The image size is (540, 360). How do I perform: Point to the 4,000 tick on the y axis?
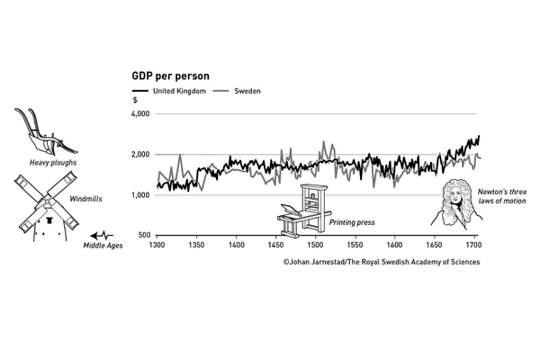tap(140, 114)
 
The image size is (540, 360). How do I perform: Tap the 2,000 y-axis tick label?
tap(140, 155)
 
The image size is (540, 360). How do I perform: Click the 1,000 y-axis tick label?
tap(140, 195)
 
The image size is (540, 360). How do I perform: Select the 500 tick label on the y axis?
tap(144, 236)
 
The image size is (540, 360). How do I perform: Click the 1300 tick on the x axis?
tap(157, 245)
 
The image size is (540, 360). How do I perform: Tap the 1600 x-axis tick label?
tap(394, 245)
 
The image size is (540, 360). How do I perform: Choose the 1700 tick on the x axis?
tap(473, 245)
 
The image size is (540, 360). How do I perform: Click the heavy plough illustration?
tap(43, 130)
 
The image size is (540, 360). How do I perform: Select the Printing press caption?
tap(351, 220)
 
